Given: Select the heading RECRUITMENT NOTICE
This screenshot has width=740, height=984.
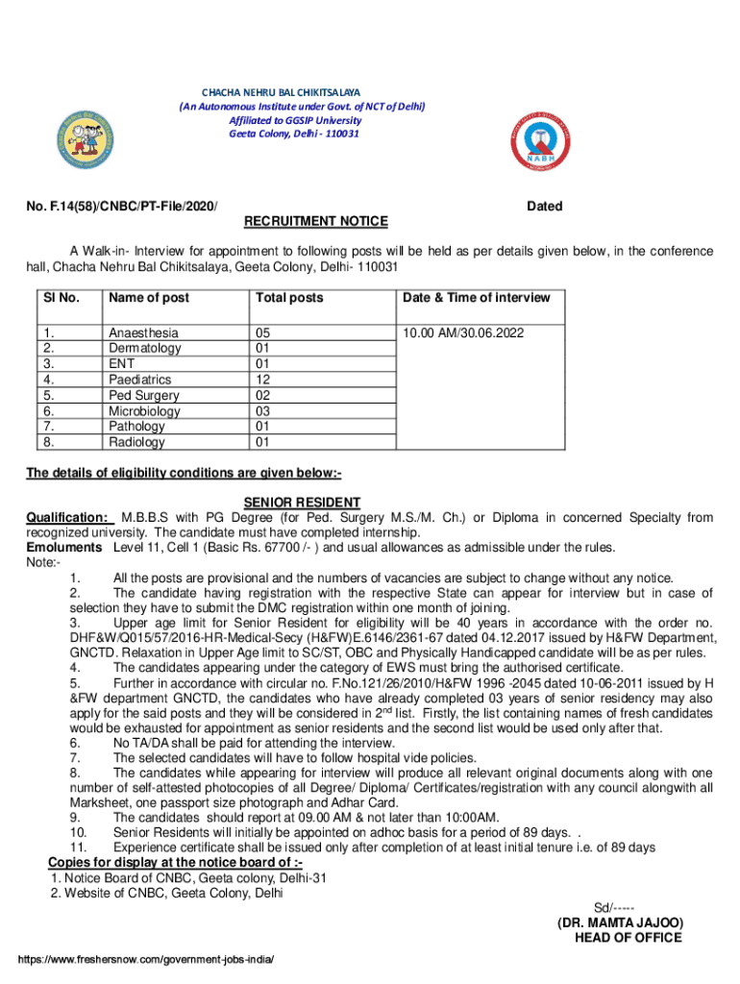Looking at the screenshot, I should coord(316,222).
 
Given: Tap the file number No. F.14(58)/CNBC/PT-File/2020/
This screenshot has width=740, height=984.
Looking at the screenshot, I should coord(121,207).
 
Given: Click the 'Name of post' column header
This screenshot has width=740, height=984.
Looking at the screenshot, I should coord(149,298).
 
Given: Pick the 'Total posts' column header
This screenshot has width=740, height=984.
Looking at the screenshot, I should coord(289,298).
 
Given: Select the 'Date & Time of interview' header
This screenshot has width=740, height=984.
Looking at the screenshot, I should coord(477,298).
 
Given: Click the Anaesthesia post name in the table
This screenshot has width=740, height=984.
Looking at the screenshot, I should coord(143,332).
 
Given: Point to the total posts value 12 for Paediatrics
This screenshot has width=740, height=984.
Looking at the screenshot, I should coord(262,380).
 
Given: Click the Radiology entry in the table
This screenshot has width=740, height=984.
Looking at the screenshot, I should coord(136,442).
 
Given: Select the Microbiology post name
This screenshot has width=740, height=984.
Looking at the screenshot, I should coord(144,411).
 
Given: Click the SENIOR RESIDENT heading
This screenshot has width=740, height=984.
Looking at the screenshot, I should coord(302,503).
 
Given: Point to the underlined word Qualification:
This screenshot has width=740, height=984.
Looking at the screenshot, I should coord(66,518).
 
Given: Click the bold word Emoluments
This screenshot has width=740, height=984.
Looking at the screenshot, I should coord(63,548).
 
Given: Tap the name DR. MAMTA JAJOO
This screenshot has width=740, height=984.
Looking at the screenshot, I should coord(620,922).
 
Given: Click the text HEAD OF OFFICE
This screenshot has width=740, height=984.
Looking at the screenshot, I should coord(628,938).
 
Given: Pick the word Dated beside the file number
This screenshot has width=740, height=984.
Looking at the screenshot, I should coord(545,207).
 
